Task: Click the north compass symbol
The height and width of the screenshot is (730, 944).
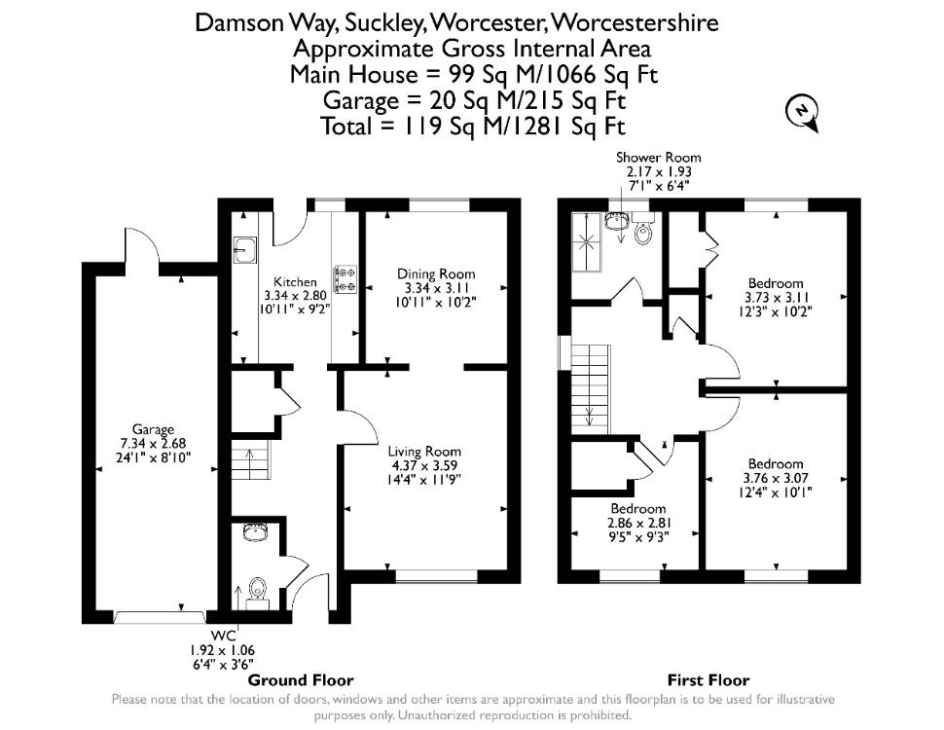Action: tap(803, 113)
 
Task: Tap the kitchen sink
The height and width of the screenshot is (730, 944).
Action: tap(245, 249)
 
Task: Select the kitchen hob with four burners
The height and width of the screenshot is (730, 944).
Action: tap(345, 279)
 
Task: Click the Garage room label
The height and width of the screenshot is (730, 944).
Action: tap(153, 429)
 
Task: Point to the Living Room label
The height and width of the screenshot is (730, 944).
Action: tap(424, 451)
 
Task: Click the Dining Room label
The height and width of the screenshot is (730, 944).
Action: tap(436, 274)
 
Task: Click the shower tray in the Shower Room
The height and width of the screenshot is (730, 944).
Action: tap(586, 242)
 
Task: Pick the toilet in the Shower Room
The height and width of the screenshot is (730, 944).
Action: tap(643, 231)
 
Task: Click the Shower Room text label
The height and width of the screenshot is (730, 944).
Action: tap(658, 158)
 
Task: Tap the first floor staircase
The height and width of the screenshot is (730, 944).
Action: tap(591, 389)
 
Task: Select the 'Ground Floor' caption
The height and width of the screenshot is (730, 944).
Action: tap(301, 680)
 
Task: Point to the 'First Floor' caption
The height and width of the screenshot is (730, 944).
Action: tap(708, 680)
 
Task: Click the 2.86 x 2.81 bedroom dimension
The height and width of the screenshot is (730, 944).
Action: tap(638, 523)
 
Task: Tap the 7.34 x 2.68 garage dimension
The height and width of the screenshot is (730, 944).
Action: tap(153, 443)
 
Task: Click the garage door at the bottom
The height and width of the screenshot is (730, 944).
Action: tap(161, 617)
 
